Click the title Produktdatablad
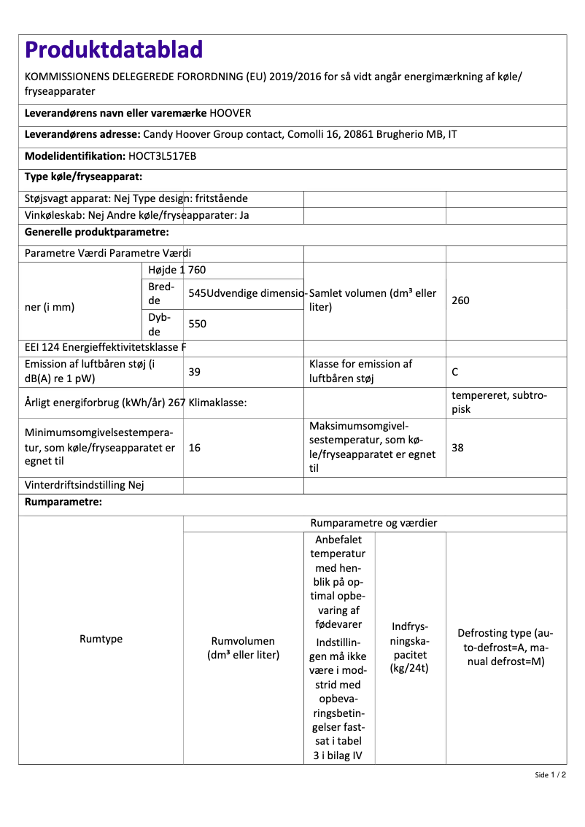click(114, 50)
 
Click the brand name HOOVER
click(230, 114)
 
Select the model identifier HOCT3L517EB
click(162, 156)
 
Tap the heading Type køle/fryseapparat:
click(83, 176)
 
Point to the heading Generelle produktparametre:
click(97, 232)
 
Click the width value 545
click(197, 293)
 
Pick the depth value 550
click(198, 324)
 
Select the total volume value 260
click(460, 300)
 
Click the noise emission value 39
click(195, 372)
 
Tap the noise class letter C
click(454, 372)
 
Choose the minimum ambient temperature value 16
click(195, 448)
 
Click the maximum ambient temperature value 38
click(457, 448)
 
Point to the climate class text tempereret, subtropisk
click(499, 402)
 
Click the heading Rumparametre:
click(63, 502)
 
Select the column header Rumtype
click(101, 639)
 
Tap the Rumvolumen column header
click(243, 648)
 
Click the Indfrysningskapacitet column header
click(410, 648)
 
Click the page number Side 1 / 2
click(550, 774)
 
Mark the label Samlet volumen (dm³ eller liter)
click(373, 300)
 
